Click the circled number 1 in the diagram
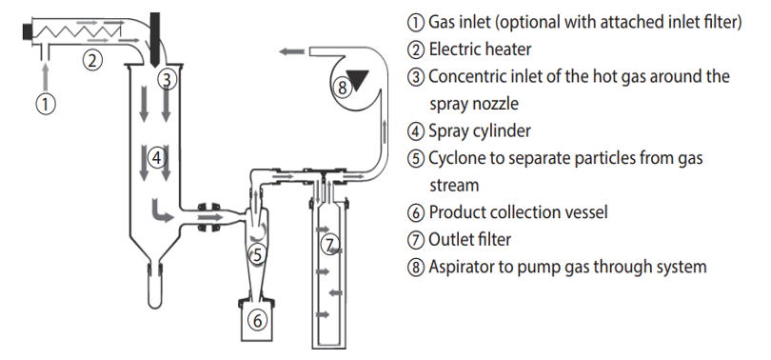(46, 104)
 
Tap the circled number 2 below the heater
(92, 61)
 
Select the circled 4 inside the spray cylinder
(156, 158)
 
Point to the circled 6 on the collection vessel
(257, 320)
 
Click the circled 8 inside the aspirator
(343, 88)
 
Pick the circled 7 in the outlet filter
(330, 245)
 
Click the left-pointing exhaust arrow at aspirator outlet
(291, 51)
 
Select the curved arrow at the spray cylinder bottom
(160, 211)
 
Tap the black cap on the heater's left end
(27, 31)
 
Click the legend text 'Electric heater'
(480, 50)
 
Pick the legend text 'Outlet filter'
(469, 239)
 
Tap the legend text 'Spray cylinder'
(480, 131)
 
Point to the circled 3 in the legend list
(416, 77)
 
